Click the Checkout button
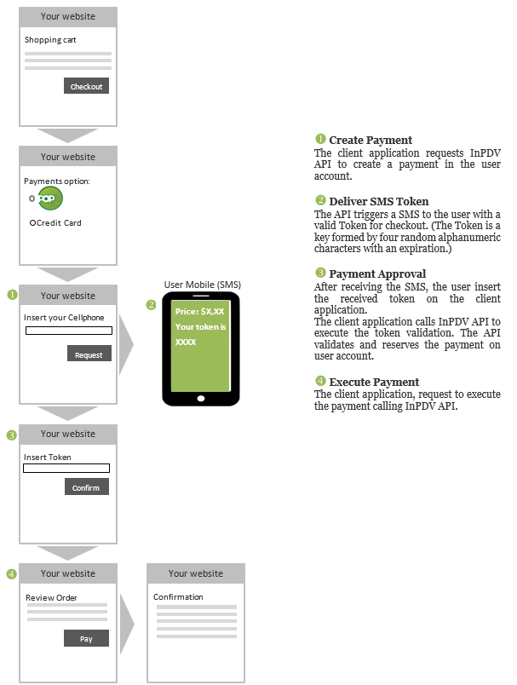[x=87, y=86]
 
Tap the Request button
[x=89, y=354]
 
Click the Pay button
[x=87, y=638]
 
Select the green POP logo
[x=49, y=199]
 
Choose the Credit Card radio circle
[x=32, y=223]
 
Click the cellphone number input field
[x=68, y=331]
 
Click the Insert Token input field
[x=66, y=469]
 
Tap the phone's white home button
[x=201, y=399]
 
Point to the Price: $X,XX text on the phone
[x=199, y=312]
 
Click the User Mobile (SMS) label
[x=203, y=285]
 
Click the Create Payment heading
[x=371, y=141]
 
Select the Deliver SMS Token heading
[x=378, y=201]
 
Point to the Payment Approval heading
[x=377, y=273]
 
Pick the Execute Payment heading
[x=374, y=383]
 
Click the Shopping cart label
[x=50, y=40]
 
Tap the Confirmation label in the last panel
[x=178, y=596]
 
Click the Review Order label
[x=51, y=597]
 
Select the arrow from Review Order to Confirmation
[x=127, y=624]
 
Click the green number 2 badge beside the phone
[x=151, y=304]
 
